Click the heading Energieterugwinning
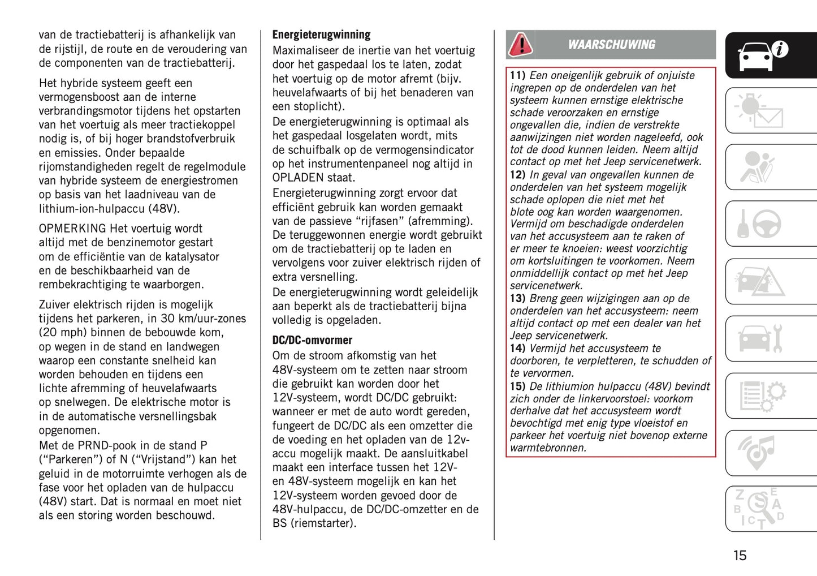pos(321,35)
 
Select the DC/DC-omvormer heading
pos(312,341)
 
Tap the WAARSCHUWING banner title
pos(611,45)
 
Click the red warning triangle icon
pos(520,45)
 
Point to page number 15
pos(740,556)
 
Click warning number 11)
pos(517,76)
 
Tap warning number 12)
pos(517,175)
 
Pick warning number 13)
pos(517,299)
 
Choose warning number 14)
pos(517,349)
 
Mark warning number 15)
pos(517,387)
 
